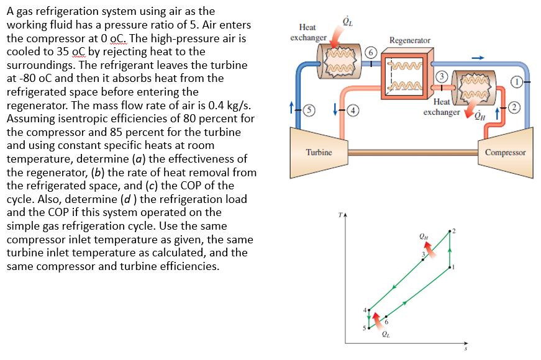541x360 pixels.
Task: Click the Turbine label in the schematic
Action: click(x=319, y=152)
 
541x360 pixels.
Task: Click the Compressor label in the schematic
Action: click(x=505, y=152)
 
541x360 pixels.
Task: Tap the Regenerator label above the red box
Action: click(x=409, y=40)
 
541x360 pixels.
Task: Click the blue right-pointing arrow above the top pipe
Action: click(x=477, y=56)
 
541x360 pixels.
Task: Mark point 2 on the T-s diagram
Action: click(x=450, y=231)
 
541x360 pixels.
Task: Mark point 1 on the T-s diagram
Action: click(x=450, y=268)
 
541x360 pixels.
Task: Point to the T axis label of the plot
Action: click(x=340, y=215)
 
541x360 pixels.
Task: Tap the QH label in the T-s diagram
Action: click(x=424, y=236)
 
